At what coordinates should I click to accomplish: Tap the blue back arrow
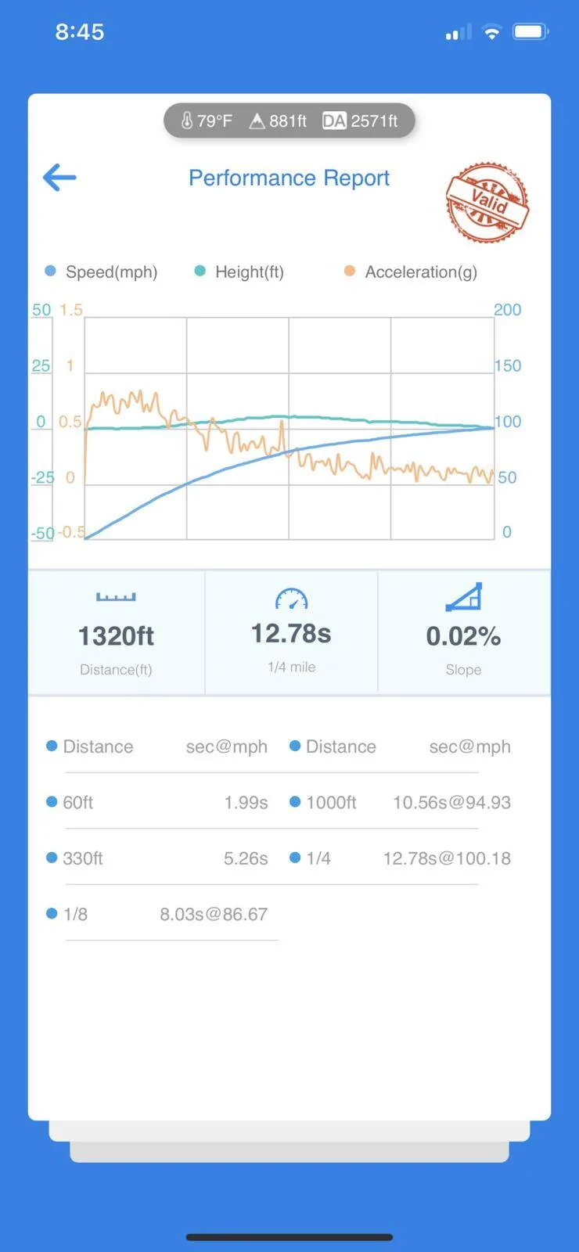[59, 178]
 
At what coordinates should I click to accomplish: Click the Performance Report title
[289, 178]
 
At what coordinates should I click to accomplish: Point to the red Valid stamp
[487, 202]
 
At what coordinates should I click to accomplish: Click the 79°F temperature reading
[207, 121]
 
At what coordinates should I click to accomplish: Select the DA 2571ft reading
[360, 121]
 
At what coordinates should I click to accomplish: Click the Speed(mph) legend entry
[101, 272]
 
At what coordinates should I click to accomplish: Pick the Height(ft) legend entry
[239, 272]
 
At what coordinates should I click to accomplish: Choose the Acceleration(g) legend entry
[411, 272]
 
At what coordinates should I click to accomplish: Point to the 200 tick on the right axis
[508, 310]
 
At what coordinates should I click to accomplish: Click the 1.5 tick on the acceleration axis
[71, 310]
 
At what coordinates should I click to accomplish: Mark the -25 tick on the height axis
[42, 477]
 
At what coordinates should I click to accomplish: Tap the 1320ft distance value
[117, 636]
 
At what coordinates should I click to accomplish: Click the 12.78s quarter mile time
[291, 633]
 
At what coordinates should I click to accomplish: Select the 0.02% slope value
[463, 636]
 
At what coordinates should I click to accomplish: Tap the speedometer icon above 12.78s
[291, 599]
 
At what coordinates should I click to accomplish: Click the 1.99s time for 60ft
[246, 803]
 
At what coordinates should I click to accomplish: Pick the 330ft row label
[83, 858]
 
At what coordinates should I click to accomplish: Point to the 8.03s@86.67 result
[214, 915]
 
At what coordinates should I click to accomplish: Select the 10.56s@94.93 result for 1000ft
[451, 803]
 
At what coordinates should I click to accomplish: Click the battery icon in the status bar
[531, 32]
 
